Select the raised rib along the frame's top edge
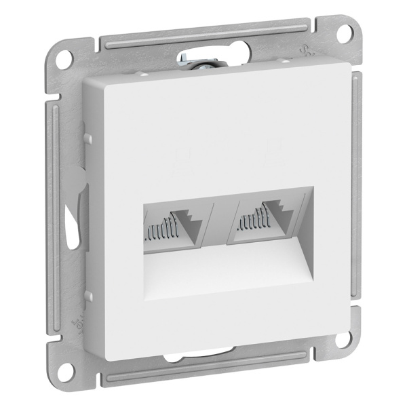tap(203, 40)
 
